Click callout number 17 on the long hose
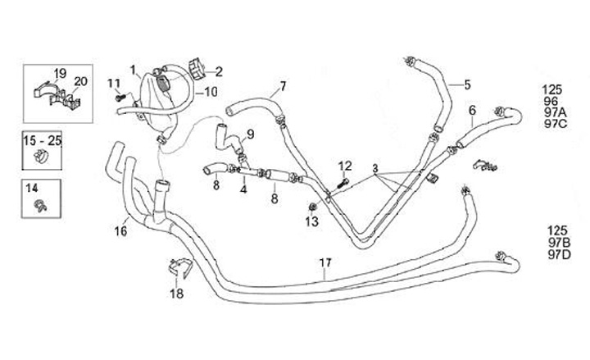click(x=325, y=263)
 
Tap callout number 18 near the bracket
click(x=177, y=293)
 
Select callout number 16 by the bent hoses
click(x=121, y=232)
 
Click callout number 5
click(x=467, y=84)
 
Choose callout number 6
click(x=472, y=111)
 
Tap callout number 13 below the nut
click(x=311, y=221)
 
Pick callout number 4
click(x=243, y=189)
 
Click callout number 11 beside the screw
click(x=114, y=82)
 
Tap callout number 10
click(x=211, y=92)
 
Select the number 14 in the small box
click(x=33, y=188)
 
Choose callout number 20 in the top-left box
click(x=80, y=80)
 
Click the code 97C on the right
click(x=555, y=124)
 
